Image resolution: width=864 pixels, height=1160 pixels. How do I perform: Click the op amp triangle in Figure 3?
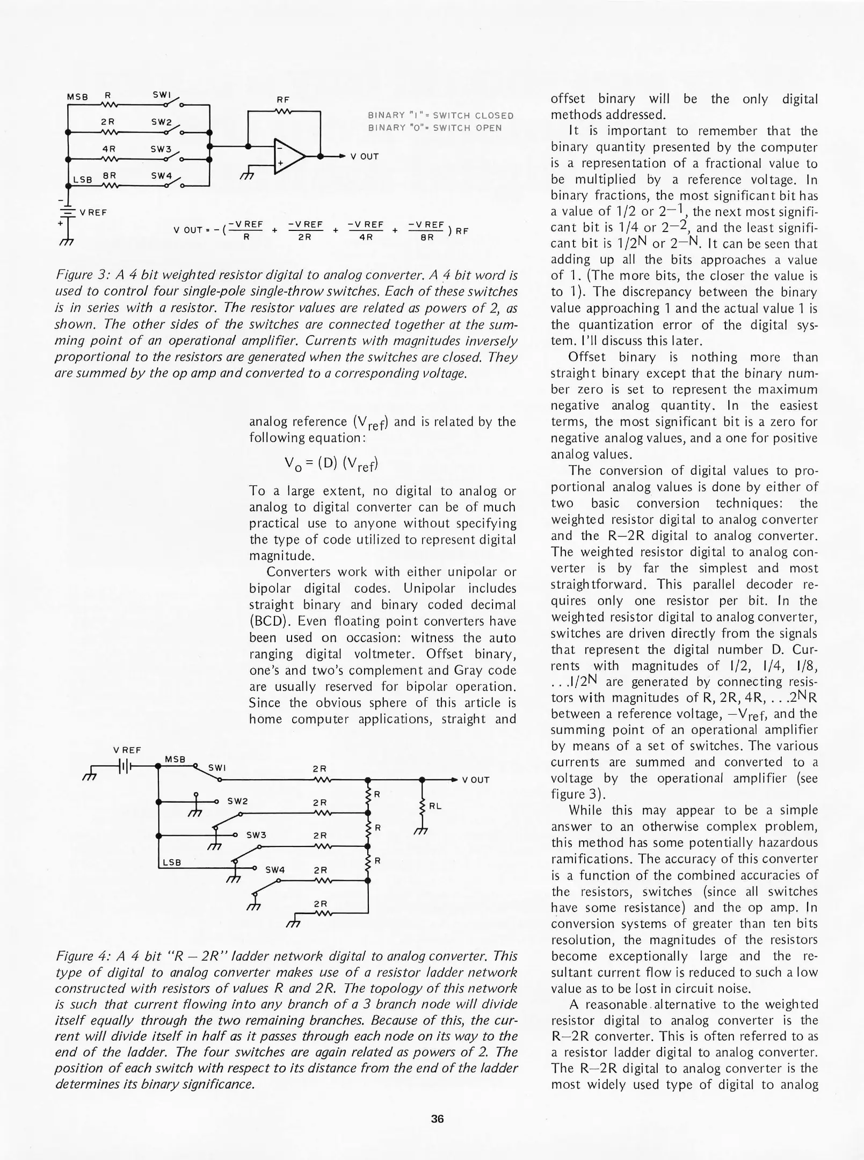point(288,156)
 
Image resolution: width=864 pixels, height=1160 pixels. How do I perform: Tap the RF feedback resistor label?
point(283,100)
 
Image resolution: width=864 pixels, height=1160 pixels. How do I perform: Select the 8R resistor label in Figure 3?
point(110,176)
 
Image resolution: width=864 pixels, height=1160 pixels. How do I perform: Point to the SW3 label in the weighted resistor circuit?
point(161,149)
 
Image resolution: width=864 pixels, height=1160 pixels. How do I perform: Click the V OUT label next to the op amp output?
point(365,157)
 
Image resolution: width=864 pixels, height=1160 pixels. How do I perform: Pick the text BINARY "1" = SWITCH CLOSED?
point(440,115)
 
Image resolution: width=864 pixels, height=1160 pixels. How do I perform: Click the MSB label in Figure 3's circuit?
point(77,97)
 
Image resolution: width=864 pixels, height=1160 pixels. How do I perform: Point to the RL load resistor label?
point(435,806)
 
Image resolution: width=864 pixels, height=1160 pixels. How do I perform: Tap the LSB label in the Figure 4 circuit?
point(172,862)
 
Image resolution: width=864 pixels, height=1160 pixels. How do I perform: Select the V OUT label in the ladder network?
point(476,780)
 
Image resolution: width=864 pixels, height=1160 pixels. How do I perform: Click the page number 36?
point(437,1119)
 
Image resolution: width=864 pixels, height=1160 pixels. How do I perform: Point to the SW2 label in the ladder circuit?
point(237,801)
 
